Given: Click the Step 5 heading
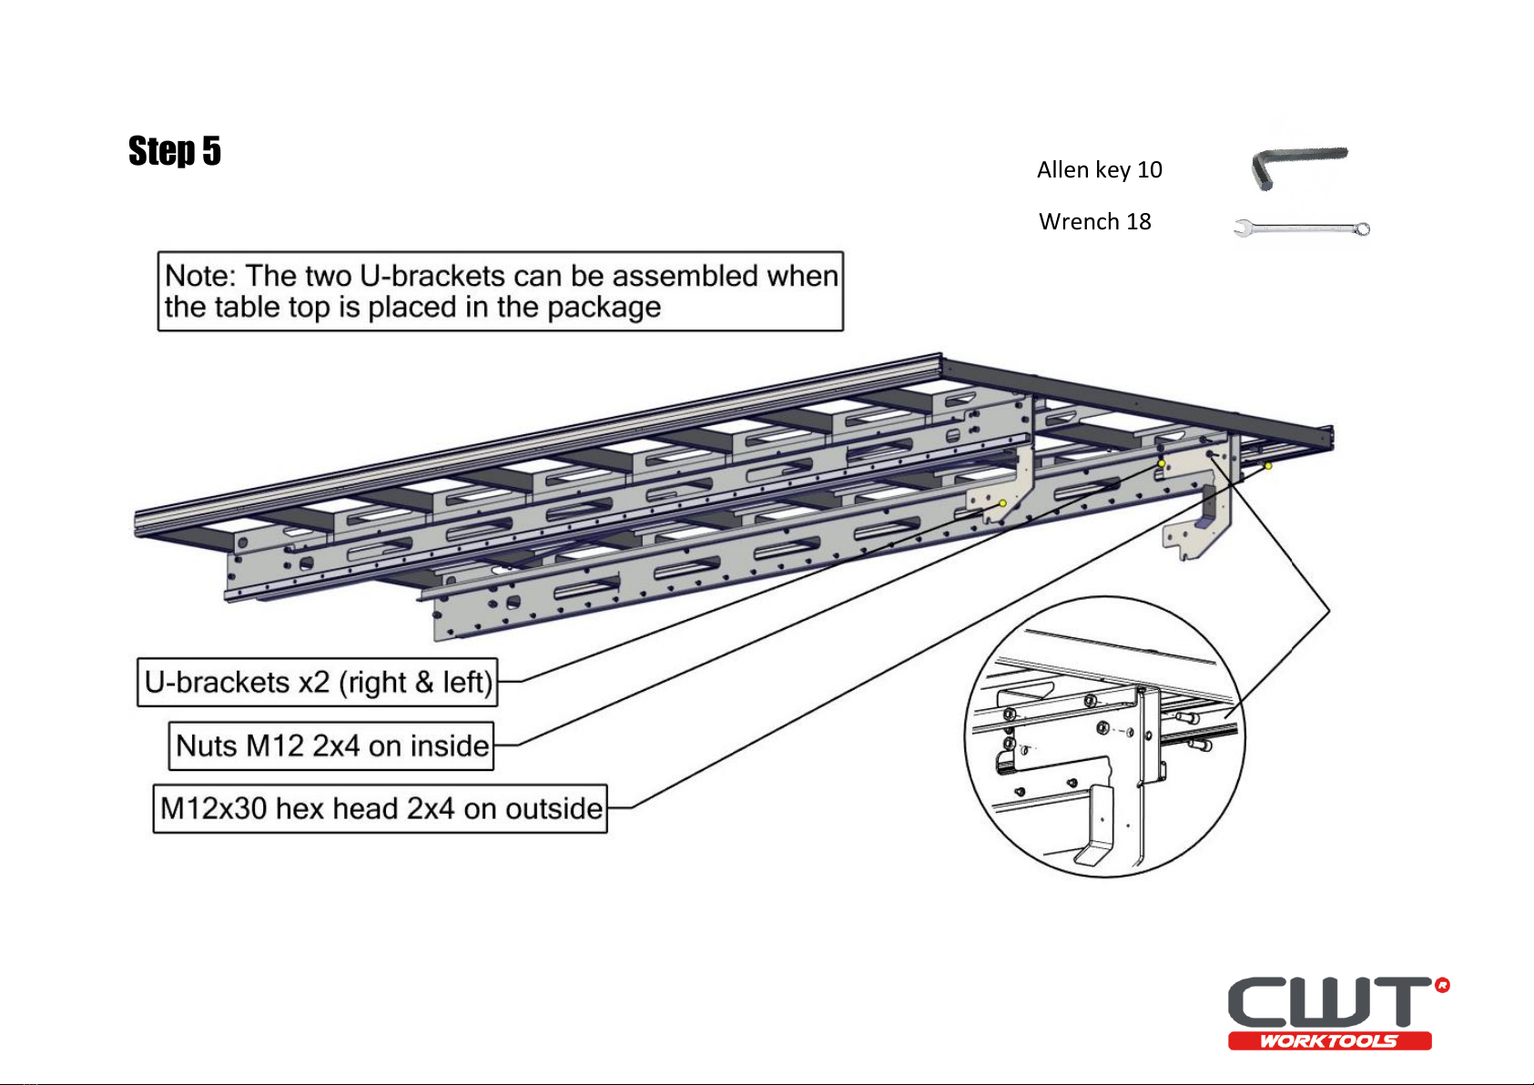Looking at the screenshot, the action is point(175,150).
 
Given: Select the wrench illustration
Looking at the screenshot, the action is point(1302,228).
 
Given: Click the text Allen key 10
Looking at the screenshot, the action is point(1099,170).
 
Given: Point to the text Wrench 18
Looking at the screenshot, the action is point(1094,222).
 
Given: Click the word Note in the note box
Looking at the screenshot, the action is point(200,276).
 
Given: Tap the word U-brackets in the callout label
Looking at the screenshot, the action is point(217,683).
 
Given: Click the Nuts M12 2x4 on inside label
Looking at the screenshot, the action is point(331,745).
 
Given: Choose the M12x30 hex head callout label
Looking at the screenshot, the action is point(380,808).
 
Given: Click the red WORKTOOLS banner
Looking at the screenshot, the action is point(1329,1041).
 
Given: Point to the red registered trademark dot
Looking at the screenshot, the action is point(1442,985).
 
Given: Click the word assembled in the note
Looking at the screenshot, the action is point(686,276).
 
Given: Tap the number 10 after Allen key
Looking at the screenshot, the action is point(1150,170).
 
